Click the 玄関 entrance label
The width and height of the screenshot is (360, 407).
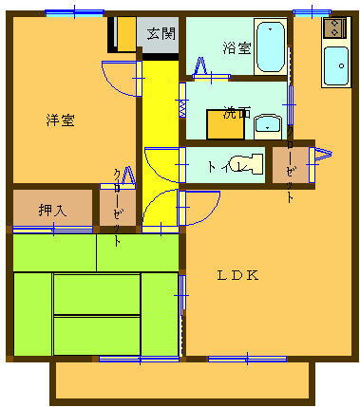161,34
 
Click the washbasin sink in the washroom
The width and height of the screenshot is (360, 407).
269,123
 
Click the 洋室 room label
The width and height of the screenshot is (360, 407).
60,120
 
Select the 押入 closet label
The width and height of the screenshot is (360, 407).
51,210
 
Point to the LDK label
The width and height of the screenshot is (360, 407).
238,276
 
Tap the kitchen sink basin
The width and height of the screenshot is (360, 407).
334,65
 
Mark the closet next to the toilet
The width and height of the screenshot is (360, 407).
290,166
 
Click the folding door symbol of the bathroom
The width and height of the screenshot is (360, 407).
201,66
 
